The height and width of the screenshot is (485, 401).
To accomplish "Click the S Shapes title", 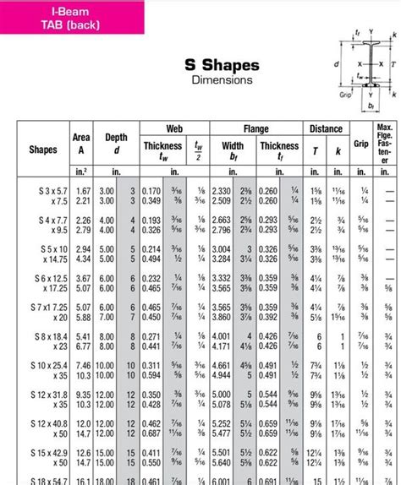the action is pos(222,65).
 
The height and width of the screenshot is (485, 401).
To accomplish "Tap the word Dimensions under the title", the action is pos(222,80).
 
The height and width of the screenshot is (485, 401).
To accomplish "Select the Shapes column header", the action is pos(43,150).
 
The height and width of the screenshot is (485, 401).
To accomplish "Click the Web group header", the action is pos(173,128).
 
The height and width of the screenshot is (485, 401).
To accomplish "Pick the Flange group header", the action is pos(255,128).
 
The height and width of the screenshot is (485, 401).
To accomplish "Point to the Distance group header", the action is pos(325,128).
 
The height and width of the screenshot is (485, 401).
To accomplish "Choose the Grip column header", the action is pos(361,144).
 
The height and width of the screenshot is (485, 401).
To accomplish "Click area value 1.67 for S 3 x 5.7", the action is pos(83,191).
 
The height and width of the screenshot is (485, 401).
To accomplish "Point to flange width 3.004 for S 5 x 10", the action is pos(221,249).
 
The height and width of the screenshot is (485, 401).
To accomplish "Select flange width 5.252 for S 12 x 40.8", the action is pos(221,422).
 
